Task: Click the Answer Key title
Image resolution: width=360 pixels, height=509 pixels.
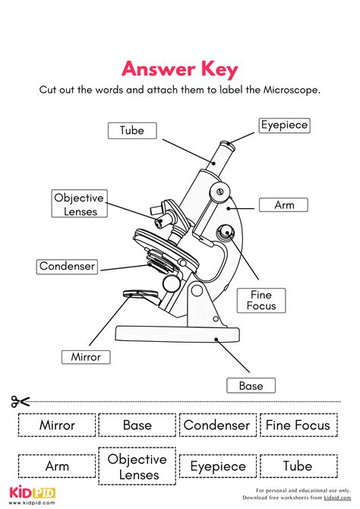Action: click(x=180, y=70)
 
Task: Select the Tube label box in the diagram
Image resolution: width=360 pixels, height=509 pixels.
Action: click(x=131, y=130)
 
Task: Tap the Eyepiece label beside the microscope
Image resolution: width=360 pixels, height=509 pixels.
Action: click(x=284, y=125)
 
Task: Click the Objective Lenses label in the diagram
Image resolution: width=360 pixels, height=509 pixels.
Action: click(x=79, y=204)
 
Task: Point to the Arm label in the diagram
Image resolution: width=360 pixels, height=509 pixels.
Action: click(x=284, y=204)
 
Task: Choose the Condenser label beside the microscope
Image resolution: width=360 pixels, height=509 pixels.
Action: click(x=67, y=266)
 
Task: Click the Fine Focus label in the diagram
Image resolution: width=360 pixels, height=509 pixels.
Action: click(x=261, y=300)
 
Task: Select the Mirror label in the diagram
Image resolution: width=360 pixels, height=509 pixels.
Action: click(x=86, y=356)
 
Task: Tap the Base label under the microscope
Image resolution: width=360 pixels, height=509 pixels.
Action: click(x=251, y=386)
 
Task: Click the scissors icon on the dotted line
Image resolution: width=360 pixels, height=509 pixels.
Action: click(x=20, y=401)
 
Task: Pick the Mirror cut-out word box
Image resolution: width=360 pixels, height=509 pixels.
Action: click(x=57, y=425)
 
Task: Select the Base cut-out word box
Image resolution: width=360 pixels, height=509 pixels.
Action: click(x=137, y=425)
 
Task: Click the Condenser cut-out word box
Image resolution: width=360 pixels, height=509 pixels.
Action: click(x=218, y=425)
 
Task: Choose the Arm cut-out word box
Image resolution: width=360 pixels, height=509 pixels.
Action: click(x=57, y=466)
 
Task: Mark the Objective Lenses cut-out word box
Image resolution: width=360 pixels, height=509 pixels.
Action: click(x=137, y=466)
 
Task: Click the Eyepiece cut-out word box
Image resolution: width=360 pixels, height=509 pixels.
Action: click(x=218, y=466)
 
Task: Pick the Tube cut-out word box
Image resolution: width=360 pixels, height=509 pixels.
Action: click(x=297, y=466)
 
